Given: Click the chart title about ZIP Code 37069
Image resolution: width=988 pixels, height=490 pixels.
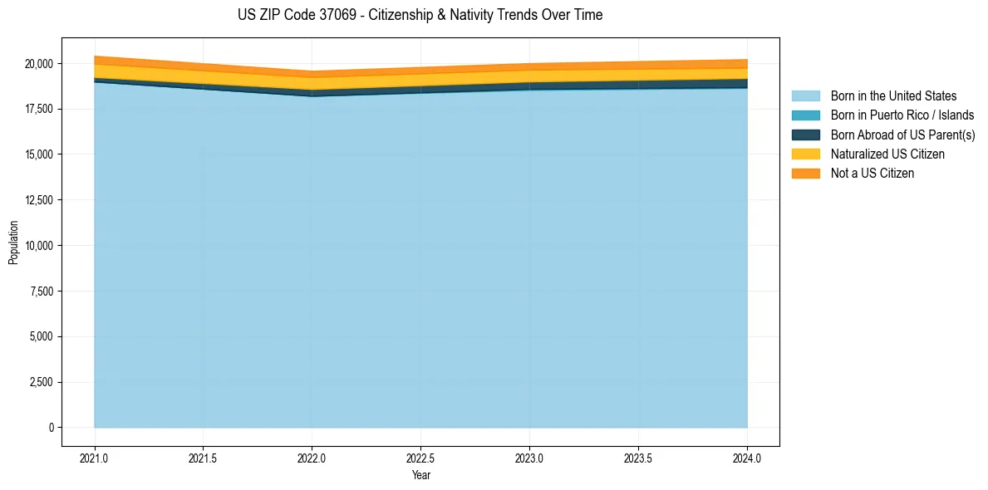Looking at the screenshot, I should pyautogui.click(x=420, y=15).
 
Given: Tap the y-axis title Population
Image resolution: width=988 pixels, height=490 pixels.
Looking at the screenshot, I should pyautogui.click(x=13, y=243).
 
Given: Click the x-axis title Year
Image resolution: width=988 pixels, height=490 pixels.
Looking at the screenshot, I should pyautogui.click(x=420, y=475).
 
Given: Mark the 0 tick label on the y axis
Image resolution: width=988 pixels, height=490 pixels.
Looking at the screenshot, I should pyautogui.click(x=52, y=428).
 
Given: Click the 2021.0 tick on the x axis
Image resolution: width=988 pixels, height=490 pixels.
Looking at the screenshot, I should pyautogui.click(x=95, y=458).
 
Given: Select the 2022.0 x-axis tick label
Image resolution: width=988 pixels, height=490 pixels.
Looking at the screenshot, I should pyautogui.click(x=312, y=458).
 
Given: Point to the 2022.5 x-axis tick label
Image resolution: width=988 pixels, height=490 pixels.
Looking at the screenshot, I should pyautogui.click(x=420, y=458).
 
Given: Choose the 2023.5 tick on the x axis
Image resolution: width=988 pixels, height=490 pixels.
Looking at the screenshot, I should pyautogui.click(x=638, y=458).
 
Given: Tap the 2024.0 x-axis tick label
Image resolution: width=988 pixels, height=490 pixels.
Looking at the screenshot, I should pyautogui.click(x=747, y=458).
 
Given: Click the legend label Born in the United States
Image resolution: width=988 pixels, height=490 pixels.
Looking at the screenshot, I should pyautogui.click(x=893, y=96).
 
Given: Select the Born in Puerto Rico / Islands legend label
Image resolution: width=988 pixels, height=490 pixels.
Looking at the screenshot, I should pyautogui.click(x=902, y=115).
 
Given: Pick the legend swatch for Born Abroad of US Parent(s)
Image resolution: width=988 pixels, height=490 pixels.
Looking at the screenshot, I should pyautogui.click(x=805, y=135).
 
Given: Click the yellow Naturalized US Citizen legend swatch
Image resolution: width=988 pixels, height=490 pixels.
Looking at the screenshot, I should pyautogui.click(x=805, y=154).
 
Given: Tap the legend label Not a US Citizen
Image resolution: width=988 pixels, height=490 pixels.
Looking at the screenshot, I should pyautogui.click(x=872, y=174).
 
